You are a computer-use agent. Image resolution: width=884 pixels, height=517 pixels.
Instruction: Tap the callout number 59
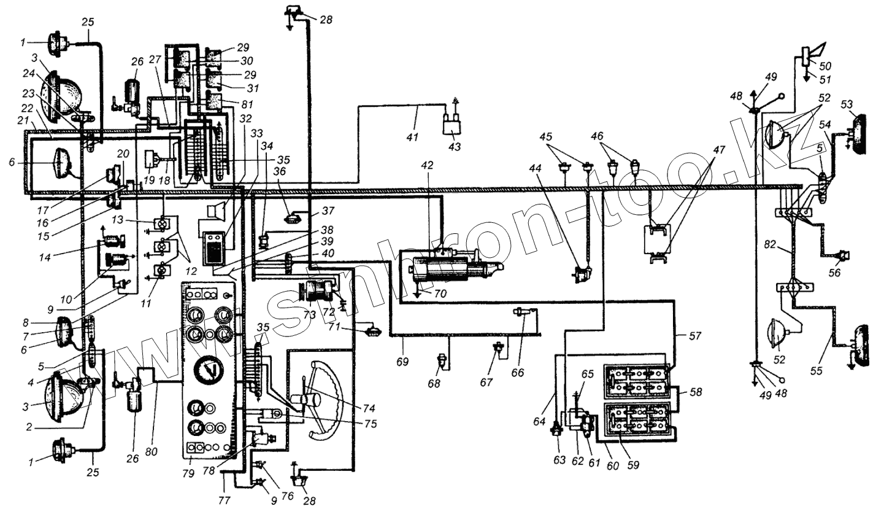click(632, 465)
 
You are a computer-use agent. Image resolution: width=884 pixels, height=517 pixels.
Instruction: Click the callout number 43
click(456, 147)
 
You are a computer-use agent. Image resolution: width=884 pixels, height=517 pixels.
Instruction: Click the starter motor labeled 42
click(448, 267)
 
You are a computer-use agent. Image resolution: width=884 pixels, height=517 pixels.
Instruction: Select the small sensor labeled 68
click(440, 359)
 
